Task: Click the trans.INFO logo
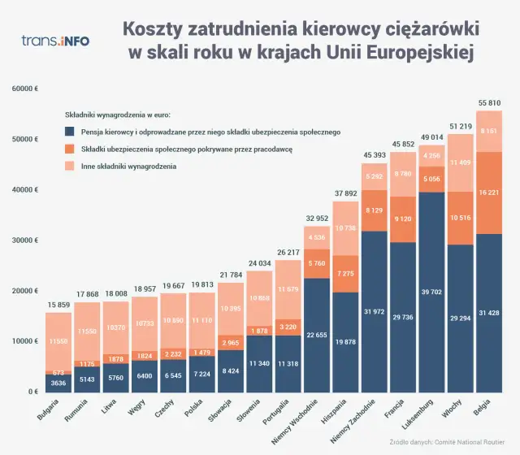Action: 55,40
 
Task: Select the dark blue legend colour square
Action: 70,132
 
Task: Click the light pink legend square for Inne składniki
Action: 70,167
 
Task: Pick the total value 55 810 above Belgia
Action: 488,104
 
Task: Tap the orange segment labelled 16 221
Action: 488,193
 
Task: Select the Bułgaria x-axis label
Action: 48,408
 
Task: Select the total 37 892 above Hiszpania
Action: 344,193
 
